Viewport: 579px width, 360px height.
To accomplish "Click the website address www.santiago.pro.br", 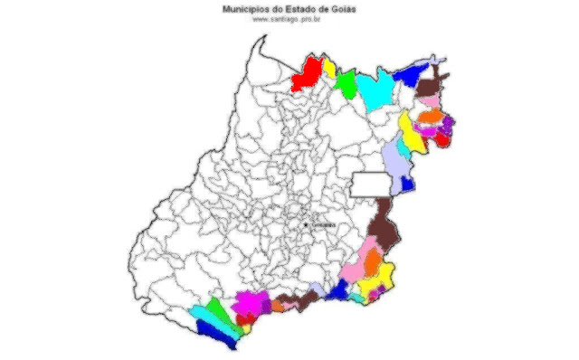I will [289, 19].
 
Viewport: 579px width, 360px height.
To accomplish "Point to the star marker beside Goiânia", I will [308, 223].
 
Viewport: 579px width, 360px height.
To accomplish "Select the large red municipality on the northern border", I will [308, 74].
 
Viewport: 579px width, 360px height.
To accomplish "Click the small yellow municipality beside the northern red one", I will [330, 70].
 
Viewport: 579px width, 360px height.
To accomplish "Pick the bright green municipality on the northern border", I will [346, 84].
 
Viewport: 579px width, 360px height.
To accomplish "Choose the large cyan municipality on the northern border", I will [375, 89].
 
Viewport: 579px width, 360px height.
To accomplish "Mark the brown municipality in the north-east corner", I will [441, 76].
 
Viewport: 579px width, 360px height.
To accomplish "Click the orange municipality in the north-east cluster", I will [430, 117].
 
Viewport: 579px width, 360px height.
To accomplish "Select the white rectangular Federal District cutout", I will [371, 184].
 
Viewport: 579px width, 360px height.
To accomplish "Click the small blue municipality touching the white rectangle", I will [408, 184].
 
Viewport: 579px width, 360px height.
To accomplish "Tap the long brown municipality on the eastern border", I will [386, 226].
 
